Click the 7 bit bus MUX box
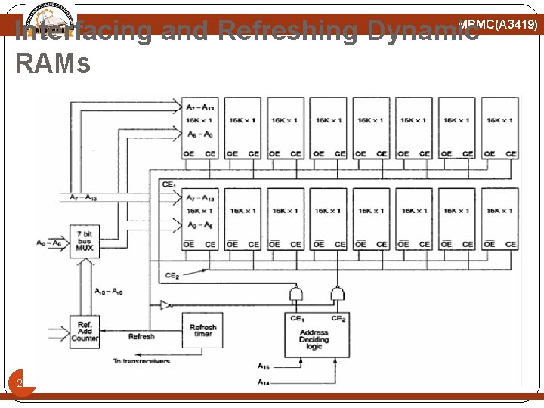(x=85, y=241)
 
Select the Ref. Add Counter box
(x=85, y=331)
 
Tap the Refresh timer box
(x=202, y=331)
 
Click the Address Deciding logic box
(x=317, y=335)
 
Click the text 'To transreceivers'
(x=141, y=361)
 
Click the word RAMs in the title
(x=52, y=63)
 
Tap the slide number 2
(x=20, y=384)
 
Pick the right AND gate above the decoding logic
(x=337, y=293)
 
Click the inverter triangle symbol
(x=165, y=305)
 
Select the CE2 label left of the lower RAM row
(x=172, y=275)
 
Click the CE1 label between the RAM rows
(x=169, y=184)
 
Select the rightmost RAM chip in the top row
(x=499, y=128)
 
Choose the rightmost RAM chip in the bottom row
(x=499, y=219)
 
